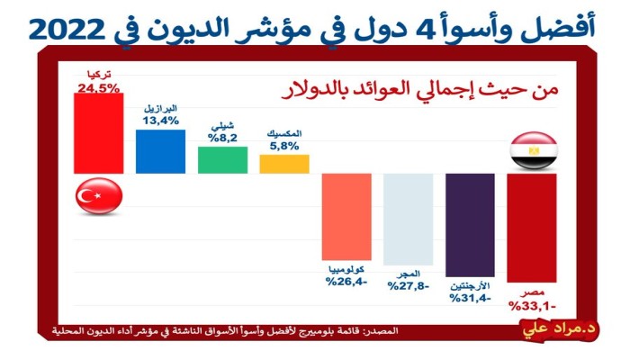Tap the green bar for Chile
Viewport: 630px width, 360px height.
point(222,159)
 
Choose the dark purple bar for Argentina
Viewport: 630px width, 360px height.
point(470,224)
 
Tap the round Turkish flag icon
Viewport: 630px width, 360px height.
point(98,195)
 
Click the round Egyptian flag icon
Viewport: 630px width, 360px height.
point(532,151)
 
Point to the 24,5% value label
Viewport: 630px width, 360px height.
point(98,88)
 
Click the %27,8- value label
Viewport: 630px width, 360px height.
point(409,286)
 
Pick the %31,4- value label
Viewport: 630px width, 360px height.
point(470,298)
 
